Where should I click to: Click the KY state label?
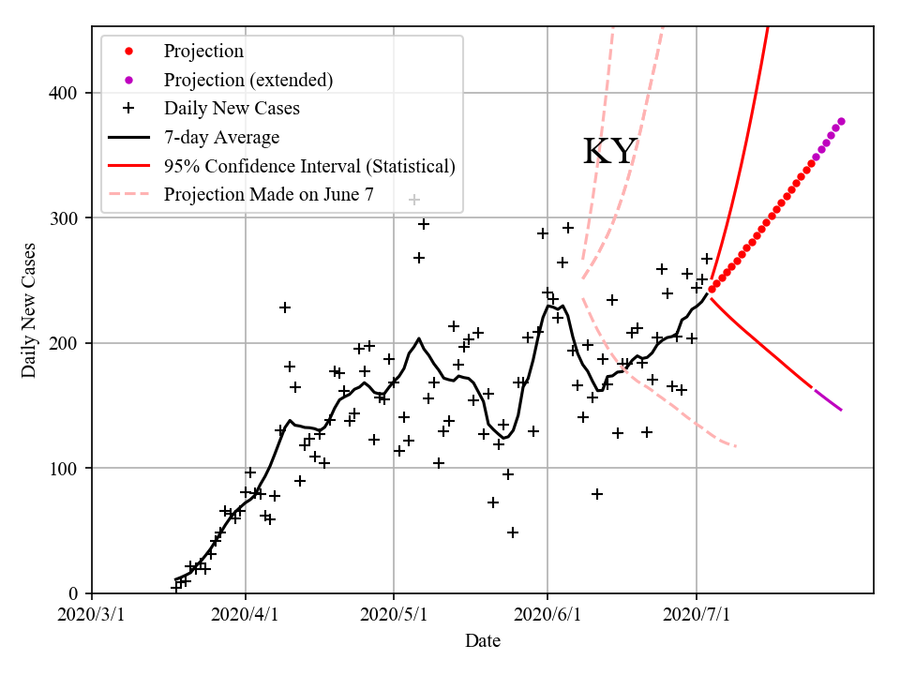click(x=610, y=152)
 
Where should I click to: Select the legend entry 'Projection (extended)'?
click(x=247, y=80)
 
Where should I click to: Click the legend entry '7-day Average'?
click(x=221, y=138)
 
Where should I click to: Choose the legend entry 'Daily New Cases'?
click(x=232, y=109)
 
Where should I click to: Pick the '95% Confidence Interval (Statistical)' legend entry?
click(x=309, y=166)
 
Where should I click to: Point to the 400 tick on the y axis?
click(x=67, y=93)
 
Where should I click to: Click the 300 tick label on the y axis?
click(x=67, y=218)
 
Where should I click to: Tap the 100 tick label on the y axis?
click(x=67, y=469)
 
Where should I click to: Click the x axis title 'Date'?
click(x=483, y=641)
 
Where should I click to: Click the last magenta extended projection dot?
click(x=841, y=121)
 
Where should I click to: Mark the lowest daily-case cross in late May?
click(x=513, y=532)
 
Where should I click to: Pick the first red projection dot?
click(x=712, y=289)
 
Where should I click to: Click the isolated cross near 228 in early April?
click(x=285, y=307)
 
